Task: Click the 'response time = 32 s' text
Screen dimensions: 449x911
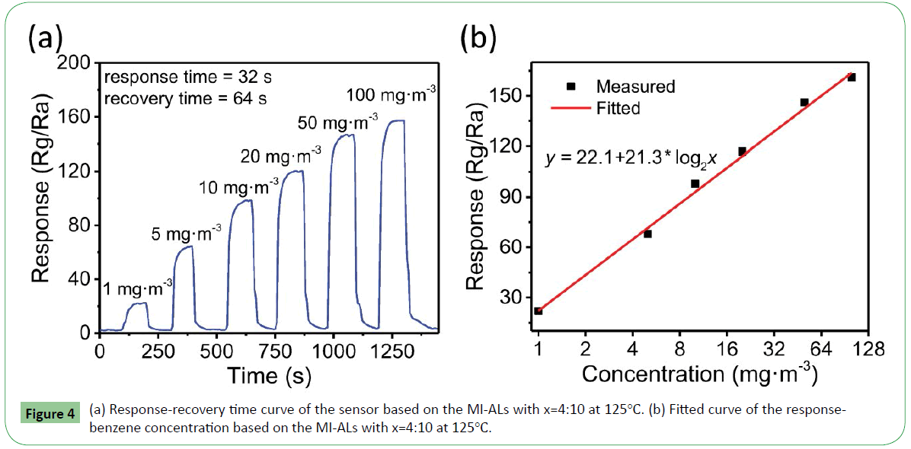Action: pyautogui.click(x=187, y=77)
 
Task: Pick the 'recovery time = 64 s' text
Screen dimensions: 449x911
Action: pyautogui.click(x=187, y=97)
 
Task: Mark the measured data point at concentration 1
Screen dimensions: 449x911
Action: pyautogui.click(x=539, y=310)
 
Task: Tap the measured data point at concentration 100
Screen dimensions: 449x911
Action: pyautogui.click(x=852, y=77)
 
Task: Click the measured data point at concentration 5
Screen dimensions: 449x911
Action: pyautogui.click(x=647, y=234)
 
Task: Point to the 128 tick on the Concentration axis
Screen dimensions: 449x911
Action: pyautogui.click(x=868, y=350)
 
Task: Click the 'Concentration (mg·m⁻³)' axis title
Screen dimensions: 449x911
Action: pyautogui.click(x=700, y=374)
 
